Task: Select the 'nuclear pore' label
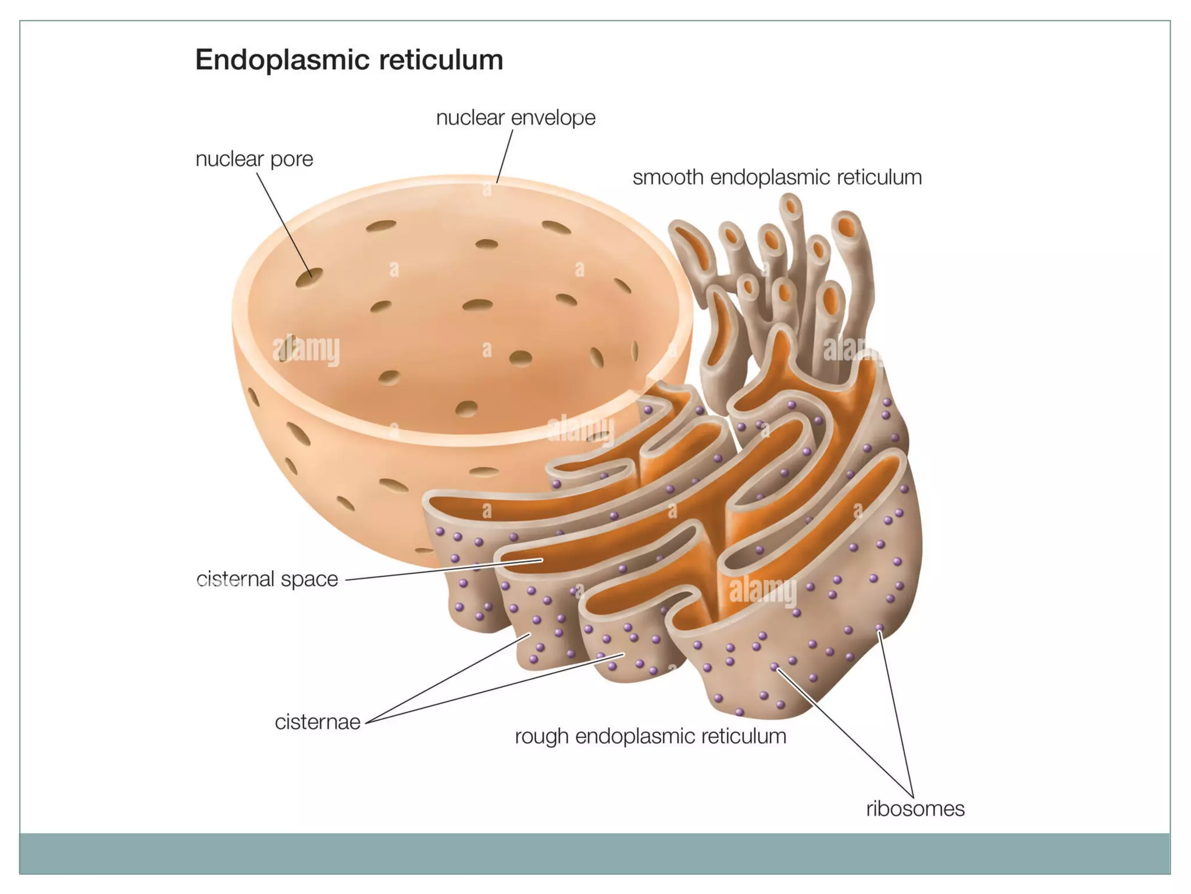(254, 159)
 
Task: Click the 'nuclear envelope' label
(516, 118)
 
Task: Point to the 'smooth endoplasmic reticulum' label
(777, 177)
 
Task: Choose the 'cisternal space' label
(267, 579)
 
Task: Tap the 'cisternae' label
(318, 722)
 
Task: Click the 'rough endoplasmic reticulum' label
(650, 736)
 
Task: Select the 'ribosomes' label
(915, 808)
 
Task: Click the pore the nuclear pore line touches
(309, 278)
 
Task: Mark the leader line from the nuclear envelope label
(505, 155)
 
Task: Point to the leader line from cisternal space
(442, 570)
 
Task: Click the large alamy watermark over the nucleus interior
(306, 349)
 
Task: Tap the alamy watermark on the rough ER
(762, 591)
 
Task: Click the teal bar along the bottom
(594, 853)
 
